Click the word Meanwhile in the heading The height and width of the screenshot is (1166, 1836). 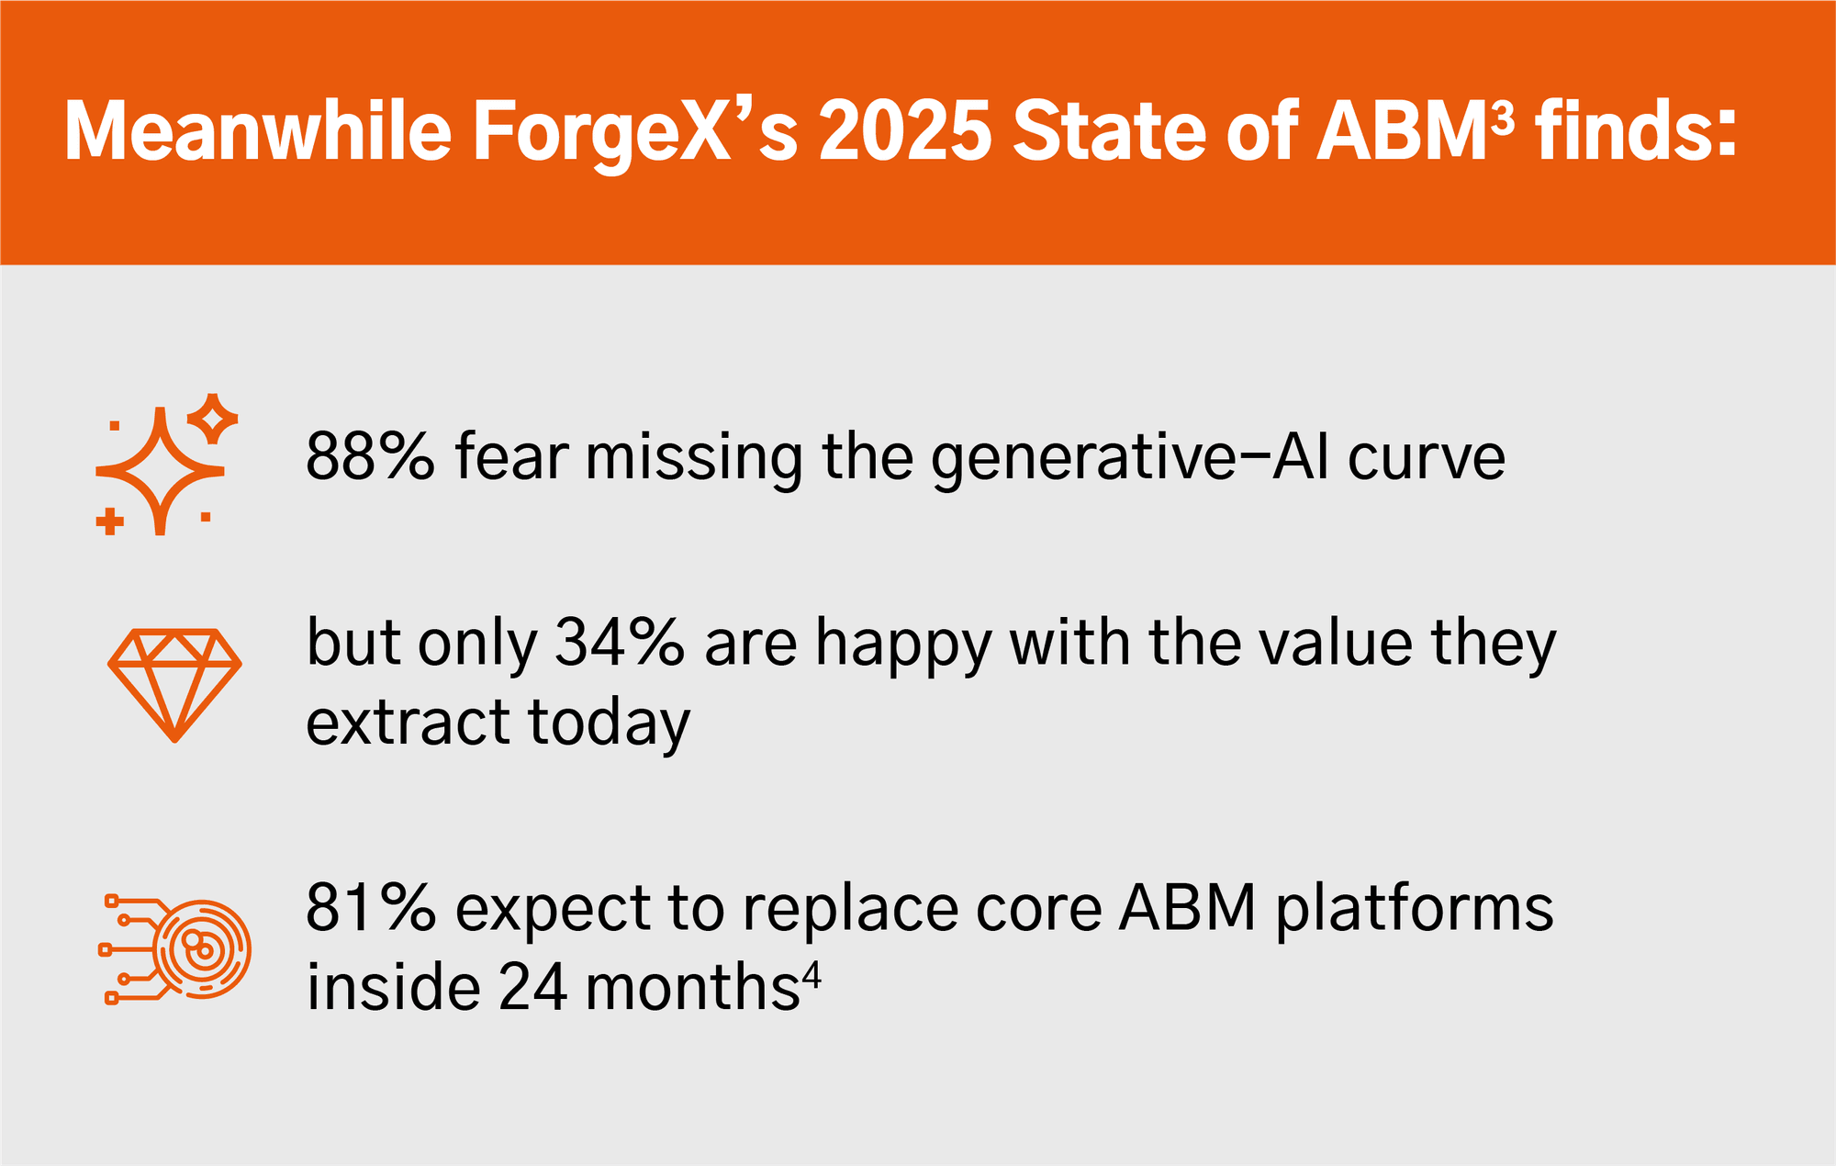coord(258,130)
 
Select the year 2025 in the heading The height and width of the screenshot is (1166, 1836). coord(905,130)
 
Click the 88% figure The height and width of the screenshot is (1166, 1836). coord(370,456)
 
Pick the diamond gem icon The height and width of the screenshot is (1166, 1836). coord(174,685)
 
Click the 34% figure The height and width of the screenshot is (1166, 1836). coord(620,642)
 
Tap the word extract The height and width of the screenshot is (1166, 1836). coord(407,723)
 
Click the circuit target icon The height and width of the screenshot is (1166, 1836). coord(174,949)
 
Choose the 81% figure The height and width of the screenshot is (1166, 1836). coord(370,908)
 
